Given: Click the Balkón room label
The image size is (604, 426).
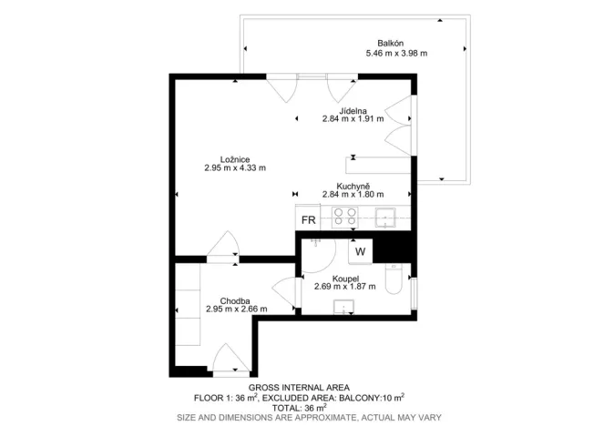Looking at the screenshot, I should [391, 43].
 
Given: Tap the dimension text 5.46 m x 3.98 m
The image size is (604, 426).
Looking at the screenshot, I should [396, 54].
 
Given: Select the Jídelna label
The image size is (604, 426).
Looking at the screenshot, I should [353, 108].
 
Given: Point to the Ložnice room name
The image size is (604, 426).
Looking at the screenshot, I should [235, 157].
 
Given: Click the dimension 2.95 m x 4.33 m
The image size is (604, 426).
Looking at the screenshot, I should [235, 167].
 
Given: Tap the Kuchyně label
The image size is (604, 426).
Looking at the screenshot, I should [353, 184].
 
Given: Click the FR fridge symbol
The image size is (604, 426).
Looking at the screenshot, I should [309, 219].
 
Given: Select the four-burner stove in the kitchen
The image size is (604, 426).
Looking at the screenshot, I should [344, 217].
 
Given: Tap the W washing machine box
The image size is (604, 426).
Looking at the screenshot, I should [360, 251].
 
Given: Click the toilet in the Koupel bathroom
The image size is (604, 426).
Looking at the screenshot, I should [394, 279].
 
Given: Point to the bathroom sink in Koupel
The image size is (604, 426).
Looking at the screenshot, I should [344, 306].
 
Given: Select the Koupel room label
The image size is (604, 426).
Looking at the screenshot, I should [344, 278].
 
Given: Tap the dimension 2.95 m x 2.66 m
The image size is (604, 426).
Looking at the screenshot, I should [236, 309].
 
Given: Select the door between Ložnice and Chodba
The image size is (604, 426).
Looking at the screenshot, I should [222, 248].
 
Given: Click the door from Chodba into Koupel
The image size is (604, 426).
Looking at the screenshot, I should [284, 296].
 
